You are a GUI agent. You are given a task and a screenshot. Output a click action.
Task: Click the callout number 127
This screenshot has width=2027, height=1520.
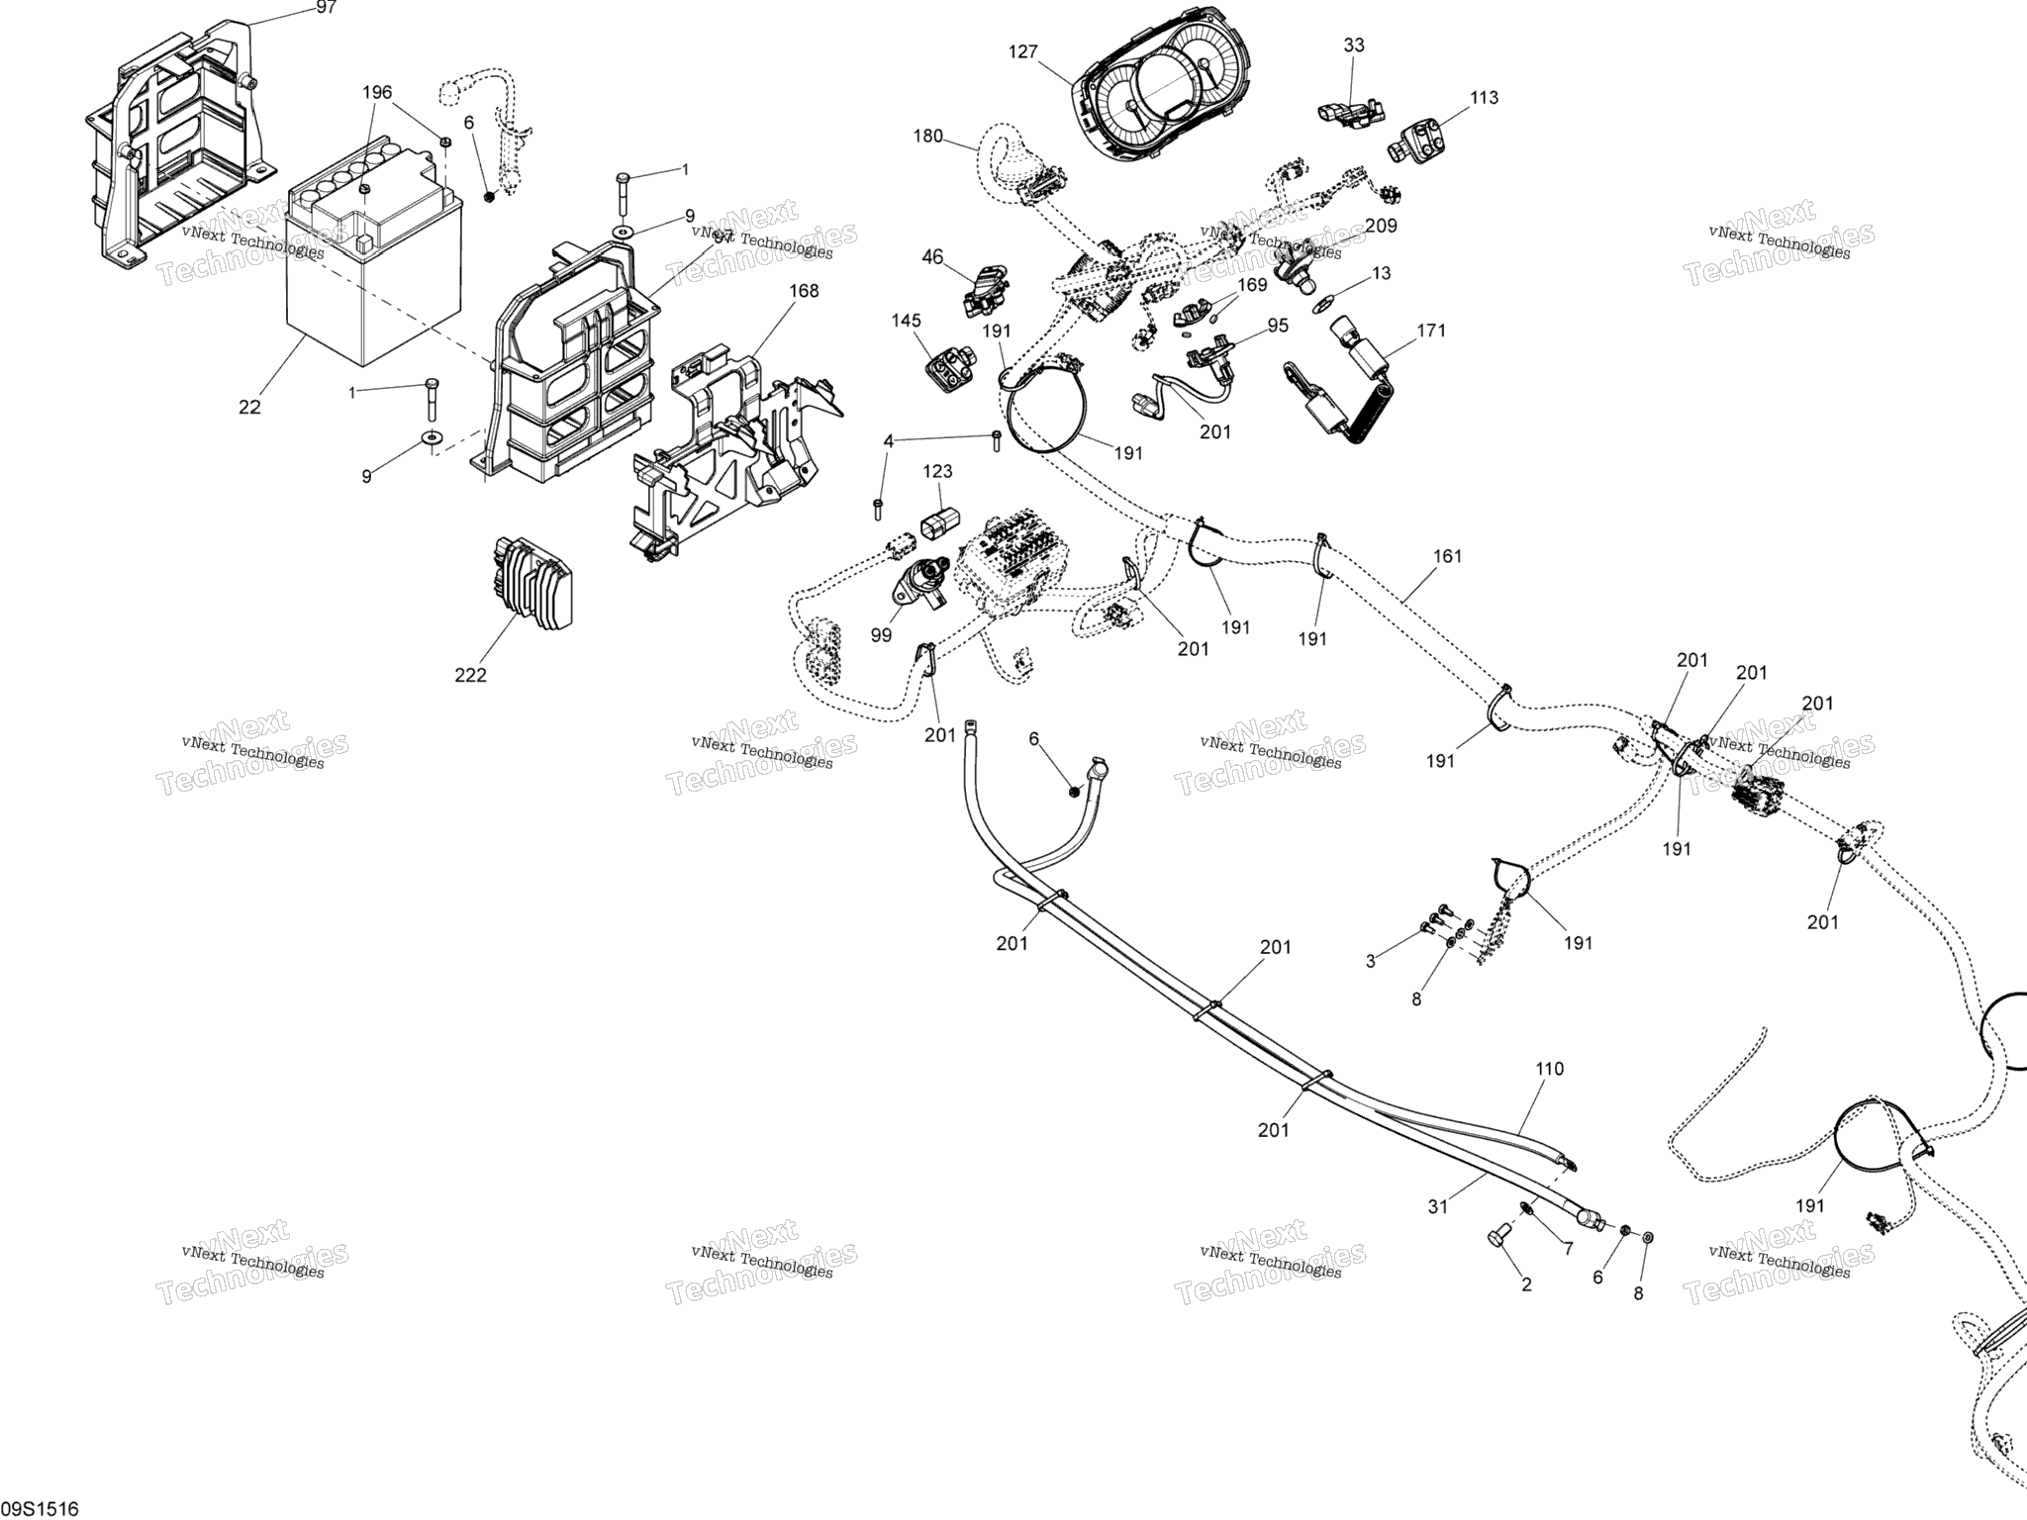[1023, 51]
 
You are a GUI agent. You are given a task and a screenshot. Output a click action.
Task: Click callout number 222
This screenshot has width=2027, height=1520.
[470, 675]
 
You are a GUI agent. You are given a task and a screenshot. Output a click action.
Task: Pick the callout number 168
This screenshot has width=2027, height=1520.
[804, 291]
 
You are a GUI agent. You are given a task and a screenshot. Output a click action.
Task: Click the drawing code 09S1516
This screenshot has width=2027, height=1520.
[40, 1509]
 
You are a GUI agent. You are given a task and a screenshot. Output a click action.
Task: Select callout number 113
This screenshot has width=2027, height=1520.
[1485, 97]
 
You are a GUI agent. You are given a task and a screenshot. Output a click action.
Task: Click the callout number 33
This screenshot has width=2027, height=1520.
[1354, 45]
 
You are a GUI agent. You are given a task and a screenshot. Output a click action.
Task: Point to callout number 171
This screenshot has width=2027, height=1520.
[1431, 330]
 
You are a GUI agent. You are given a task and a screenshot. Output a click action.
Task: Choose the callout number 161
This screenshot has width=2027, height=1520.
[1447, 556]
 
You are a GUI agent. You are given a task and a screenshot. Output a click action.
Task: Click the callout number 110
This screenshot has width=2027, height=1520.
[1550, 1069]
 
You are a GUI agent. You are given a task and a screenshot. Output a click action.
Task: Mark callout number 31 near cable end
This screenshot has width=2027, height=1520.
[1439, 1206]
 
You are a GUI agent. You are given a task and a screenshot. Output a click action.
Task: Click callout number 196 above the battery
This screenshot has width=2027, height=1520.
[376, 93]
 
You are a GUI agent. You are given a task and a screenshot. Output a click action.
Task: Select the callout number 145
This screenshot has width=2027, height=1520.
[906, 321]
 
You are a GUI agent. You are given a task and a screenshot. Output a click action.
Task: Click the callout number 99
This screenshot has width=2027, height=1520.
[881, 635]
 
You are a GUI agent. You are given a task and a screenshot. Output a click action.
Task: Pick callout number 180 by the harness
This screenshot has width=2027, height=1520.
[928, 137]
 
